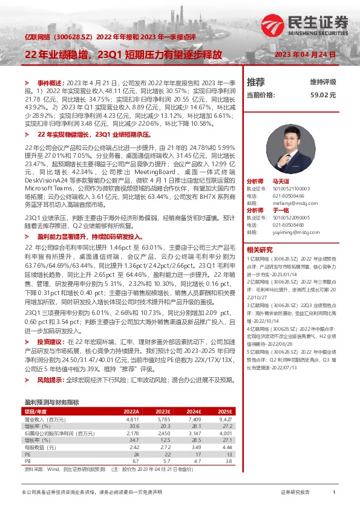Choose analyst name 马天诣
click(x=281, y=181)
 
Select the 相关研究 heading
click(x=260, y=250)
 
